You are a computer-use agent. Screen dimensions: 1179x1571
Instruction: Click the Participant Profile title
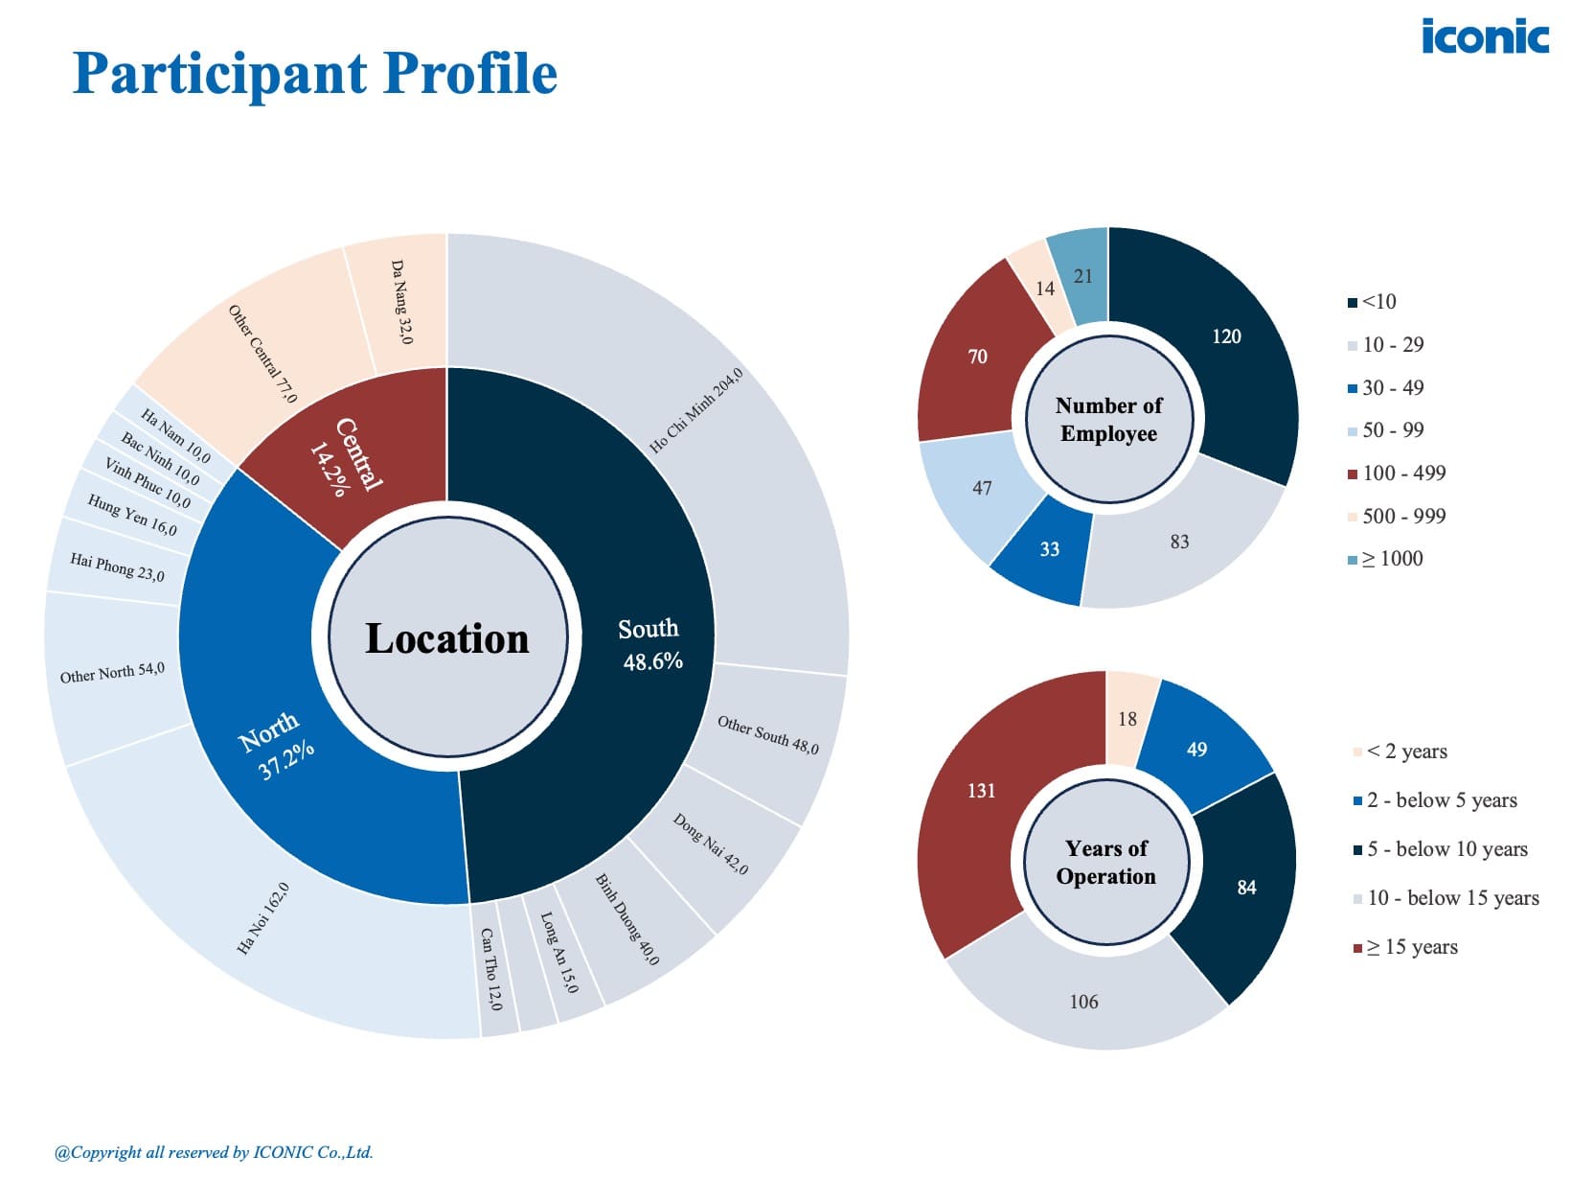click(315, 74)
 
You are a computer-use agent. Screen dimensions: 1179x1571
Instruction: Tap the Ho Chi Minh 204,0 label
click(695, 411)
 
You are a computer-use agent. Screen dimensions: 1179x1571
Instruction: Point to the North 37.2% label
click(276, 746)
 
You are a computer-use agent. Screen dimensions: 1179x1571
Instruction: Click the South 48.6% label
click(650, 644)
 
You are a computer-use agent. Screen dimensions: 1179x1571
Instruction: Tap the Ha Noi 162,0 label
click(263, 918)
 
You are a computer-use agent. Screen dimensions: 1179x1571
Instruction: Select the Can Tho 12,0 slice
click(490, 968)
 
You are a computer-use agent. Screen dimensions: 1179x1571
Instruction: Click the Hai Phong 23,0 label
click(117, 566)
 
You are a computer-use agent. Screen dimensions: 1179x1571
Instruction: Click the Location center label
click(447, 638)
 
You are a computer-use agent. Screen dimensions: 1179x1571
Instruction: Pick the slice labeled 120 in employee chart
click(1225, 336)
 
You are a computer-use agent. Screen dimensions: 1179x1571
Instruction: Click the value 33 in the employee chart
click(1049, 549)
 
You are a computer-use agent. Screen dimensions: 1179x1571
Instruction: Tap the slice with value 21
click(1082, 276)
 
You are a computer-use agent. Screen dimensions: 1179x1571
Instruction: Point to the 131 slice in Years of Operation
click(981, 791)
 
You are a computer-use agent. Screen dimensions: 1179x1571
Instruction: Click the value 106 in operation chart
click(1083, 1002)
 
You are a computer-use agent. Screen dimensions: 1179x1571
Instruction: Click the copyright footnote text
click(214, 1152)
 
